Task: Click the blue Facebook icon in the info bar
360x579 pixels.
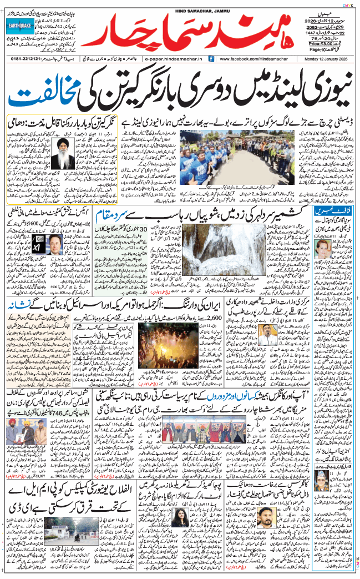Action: pos(211,58)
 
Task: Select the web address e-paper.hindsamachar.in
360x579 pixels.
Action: pos(175,58)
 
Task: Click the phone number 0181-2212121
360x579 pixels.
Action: pos(24,58)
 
